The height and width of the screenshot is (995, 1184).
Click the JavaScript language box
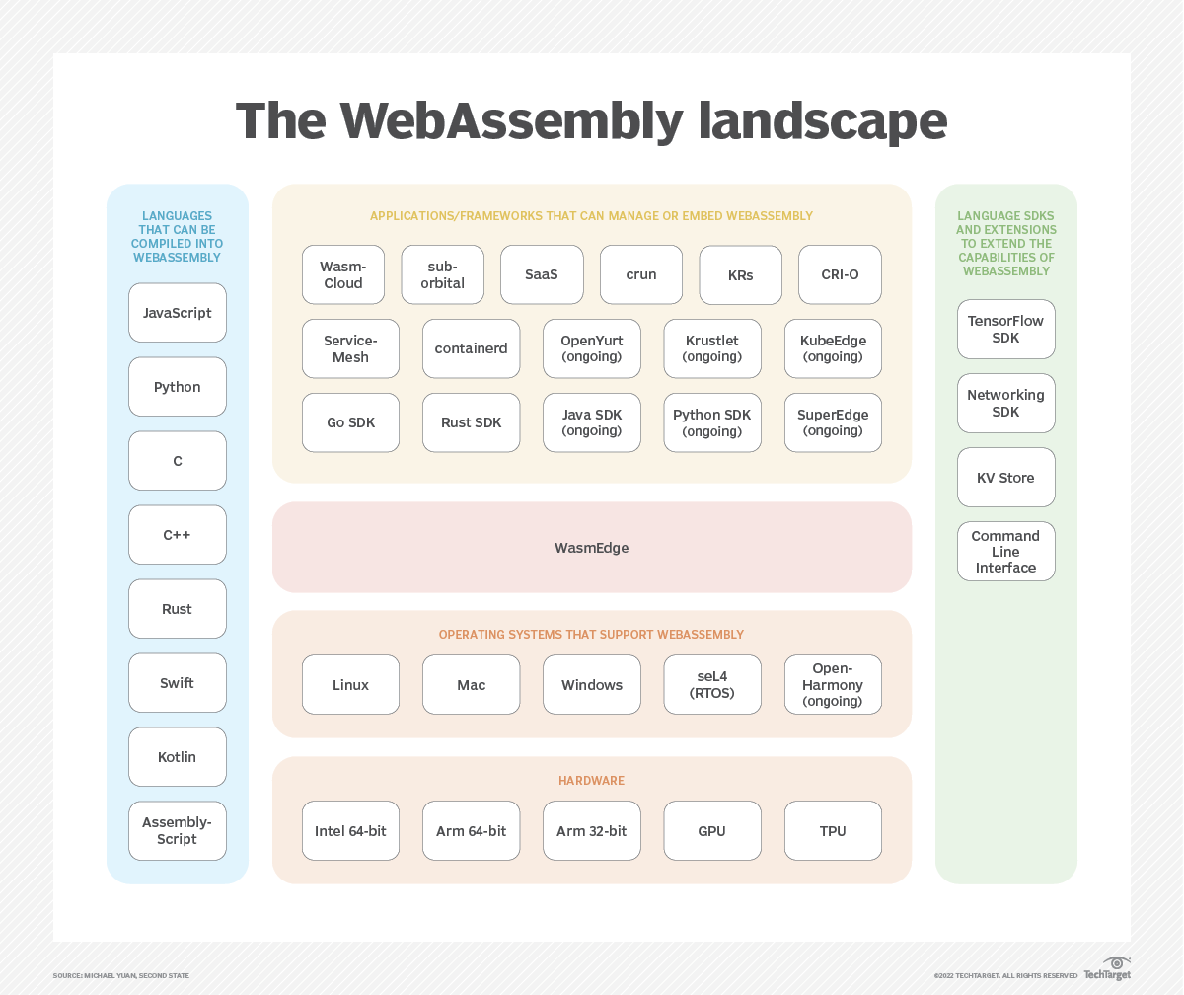(178, 313)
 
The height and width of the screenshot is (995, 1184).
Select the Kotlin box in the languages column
(178, 757)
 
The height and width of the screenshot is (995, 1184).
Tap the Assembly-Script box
(178, 830)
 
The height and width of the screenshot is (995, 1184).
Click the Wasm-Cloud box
(343, 274)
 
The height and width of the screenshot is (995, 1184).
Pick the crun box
(641, 274)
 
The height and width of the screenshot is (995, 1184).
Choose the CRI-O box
(840, 274)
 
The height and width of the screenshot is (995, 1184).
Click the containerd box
(471, 348)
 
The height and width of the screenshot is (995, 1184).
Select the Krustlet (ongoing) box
(712, 348)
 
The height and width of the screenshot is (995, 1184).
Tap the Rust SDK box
(471, 422)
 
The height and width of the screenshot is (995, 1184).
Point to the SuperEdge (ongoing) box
(833, 422)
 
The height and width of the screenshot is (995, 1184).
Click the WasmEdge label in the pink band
(591, 548)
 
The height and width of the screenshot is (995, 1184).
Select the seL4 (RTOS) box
(712, 684)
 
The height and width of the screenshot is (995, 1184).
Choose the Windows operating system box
(592, 684)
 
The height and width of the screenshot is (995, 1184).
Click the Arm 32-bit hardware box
(592, 831)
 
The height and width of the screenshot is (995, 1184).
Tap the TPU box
(833, 831)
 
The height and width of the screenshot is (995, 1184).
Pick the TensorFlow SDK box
(1006, 330)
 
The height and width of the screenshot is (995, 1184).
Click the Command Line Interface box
(1006, 552)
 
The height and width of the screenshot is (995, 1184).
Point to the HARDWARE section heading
(592, 781)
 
